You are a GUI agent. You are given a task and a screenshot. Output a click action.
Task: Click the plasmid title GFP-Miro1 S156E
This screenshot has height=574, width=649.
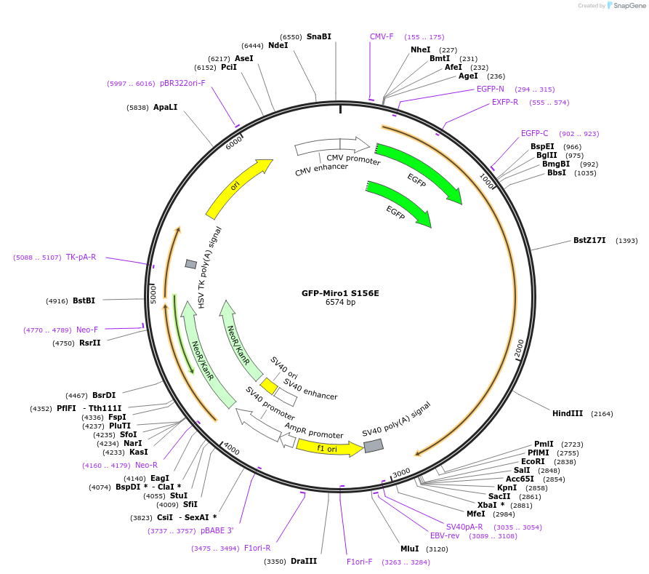(x=340, y=293)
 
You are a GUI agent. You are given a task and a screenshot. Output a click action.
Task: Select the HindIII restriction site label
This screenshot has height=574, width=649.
(x=567, y=413)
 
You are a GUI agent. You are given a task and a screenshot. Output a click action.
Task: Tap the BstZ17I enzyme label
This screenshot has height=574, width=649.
(x=589, y=240)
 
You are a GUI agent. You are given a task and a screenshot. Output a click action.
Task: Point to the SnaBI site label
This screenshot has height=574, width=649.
(x=318, y=36)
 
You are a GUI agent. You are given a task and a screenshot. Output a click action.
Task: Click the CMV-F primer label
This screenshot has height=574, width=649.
(x=382, y=36)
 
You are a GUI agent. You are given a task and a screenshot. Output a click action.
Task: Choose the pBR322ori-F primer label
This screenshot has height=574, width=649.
(x=182, y=83)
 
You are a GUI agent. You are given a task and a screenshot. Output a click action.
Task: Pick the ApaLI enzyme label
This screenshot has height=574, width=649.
(x=165, y=107)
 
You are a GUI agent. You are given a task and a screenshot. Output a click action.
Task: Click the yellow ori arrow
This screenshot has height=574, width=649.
(x=238, y=188)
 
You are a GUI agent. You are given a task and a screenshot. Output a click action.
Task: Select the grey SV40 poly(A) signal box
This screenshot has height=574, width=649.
(x=374, y=445)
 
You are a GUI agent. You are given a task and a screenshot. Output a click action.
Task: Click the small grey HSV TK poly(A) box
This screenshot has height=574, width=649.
(x=191, y=264)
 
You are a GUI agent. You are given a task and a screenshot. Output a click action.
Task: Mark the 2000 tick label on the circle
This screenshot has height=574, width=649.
(x=519, y=349)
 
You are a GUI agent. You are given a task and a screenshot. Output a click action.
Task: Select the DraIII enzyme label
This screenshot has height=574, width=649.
(x=303, y=561)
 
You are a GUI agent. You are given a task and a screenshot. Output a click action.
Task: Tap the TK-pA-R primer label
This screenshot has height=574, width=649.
(x=81, y=257)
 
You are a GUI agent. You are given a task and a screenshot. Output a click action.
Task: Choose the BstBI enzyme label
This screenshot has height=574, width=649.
(x=84, y=300)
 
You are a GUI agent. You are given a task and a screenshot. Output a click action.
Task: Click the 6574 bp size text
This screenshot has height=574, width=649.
(x=340, y=303)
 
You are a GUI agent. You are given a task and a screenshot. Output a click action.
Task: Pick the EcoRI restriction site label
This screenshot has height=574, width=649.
(x=533, y=461)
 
